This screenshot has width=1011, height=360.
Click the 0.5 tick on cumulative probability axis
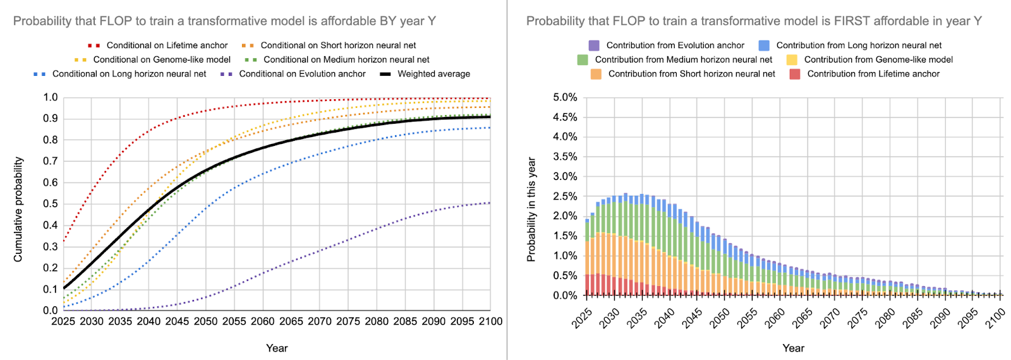51,204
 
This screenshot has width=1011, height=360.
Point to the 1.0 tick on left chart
51,97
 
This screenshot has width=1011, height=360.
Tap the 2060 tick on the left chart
263,321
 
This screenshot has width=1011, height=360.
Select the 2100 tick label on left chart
491,321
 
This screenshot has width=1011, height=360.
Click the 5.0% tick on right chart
565,97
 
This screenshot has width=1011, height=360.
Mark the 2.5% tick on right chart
565,196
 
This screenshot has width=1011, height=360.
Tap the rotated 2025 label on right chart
582,318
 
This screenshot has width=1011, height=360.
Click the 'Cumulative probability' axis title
18,209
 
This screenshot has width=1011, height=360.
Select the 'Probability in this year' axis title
531,209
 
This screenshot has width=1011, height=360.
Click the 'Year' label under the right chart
793,348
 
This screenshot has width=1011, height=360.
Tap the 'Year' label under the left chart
277,348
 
